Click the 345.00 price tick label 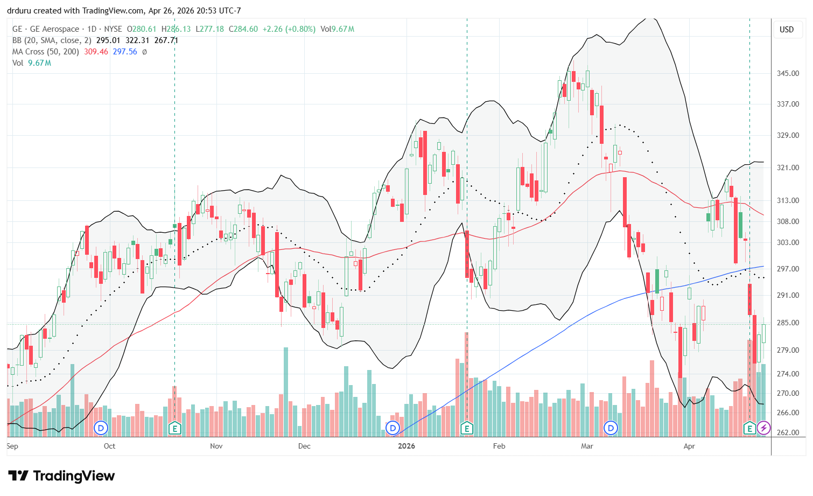click(787, 73)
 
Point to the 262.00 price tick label click(787, 432)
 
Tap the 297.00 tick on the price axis click(787, 269)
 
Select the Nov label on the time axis click(216, 446)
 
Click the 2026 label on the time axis click(407, 446)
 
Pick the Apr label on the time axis click(689, 446)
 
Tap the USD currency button click(787, 30)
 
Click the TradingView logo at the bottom click(61, 476)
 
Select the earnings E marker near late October click(174, 429)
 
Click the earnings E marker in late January click(467, 429)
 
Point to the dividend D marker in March click(611, 429)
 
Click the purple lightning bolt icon click(763, 429)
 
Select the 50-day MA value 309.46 click(96, 52)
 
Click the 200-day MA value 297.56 click(125, 52)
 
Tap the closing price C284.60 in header click(243, 29)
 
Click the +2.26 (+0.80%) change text click(289, 29)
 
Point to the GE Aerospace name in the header click(54, 29)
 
